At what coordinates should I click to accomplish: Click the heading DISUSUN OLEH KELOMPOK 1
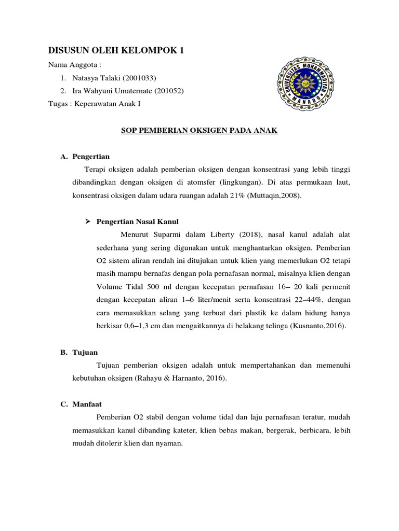(116, 50)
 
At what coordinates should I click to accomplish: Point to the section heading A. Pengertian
(85, 156)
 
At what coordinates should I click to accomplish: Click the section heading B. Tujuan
(81, 352)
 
